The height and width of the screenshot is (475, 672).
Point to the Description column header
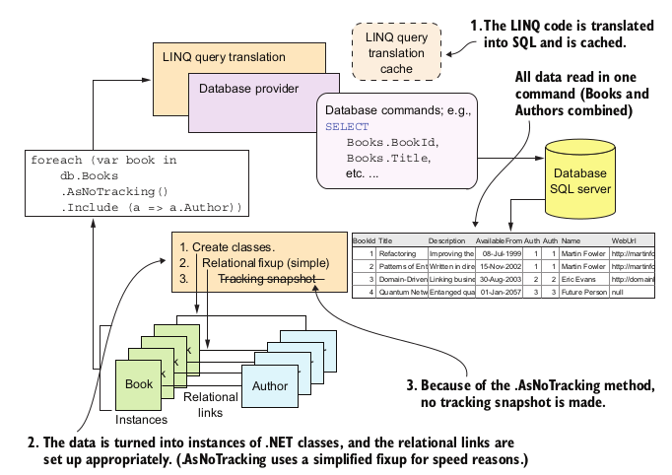446,239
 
